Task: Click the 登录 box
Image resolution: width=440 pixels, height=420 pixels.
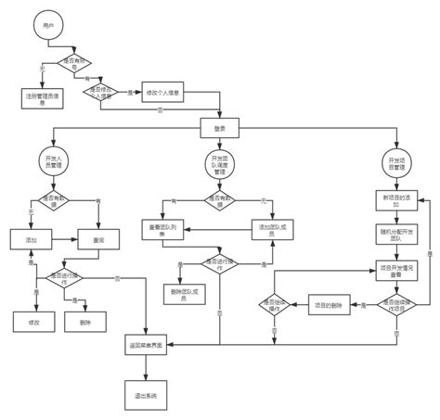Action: tap(218, 127)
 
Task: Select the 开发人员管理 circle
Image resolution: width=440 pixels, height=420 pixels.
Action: tap(53, 162)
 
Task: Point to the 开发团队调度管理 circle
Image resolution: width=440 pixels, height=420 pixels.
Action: tap(220, 164)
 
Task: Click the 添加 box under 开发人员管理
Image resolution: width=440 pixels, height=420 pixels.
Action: tap(29, 240)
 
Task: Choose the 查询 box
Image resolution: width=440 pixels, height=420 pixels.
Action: tap(99, 240)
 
